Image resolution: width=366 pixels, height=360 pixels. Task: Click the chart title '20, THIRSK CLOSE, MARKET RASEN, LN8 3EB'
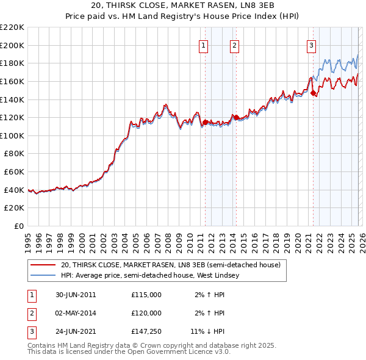point(183,6)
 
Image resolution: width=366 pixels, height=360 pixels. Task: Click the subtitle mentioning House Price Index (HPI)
point(183,16)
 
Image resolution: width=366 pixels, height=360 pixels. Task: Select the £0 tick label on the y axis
point(20,226)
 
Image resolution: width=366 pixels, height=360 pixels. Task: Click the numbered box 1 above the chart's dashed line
point(203,45)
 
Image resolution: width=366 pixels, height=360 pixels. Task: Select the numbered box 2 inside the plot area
point(234,45)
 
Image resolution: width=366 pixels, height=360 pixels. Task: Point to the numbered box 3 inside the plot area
point(311,45)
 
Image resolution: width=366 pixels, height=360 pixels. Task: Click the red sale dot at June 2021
point(313,93)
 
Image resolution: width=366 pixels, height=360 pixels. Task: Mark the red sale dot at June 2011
point(205,122)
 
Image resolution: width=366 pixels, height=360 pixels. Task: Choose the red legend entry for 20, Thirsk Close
point(170,265)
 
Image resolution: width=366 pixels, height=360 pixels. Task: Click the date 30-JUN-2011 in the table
point(76,295)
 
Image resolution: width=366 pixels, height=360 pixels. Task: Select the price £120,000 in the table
point(146,313)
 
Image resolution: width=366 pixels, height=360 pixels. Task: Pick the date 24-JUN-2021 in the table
point(76,331)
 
